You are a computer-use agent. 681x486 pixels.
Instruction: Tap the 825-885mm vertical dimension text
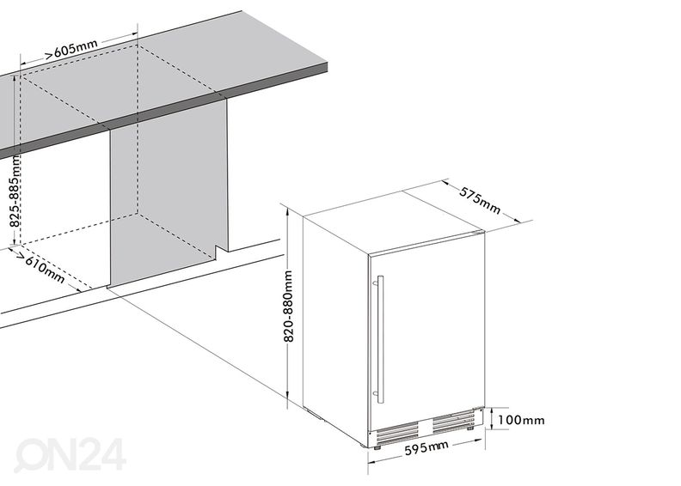[15, 191]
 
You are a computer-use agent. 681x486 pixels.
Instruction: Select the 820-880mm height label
[289, 306]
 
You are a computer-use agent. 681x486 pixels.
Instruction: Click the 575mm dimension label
[480, 200]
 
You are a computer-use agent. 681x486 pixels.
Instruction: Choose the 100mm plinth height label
[521, 420]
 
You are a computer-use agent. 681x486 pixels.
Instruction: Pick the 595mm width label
[426, 448]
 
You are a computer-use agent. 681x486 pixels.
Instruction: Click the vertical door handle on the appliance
[379, 339]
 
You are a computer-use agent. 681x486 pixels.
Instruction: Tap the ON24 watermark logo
[70, 454]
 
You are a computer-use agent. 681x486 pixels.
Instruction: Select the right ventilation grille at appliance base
[454, 420]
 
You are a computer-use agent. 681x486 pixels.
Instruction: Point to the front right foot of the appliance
[470, 428]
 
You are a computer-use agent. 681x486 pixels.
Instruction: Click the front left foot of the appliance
[377, 447]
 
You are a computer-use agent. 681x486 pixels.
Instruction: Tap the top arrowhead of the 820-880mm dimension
[286, 210]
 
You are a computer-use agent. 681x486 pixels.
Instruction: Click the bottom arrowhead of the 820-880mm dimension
[287, 394]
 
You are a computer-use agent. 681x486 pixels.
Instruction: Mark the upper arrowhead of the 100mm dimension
[491, 410]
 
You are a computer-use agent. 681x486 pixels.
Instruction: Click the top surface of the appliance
[393, 223]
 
